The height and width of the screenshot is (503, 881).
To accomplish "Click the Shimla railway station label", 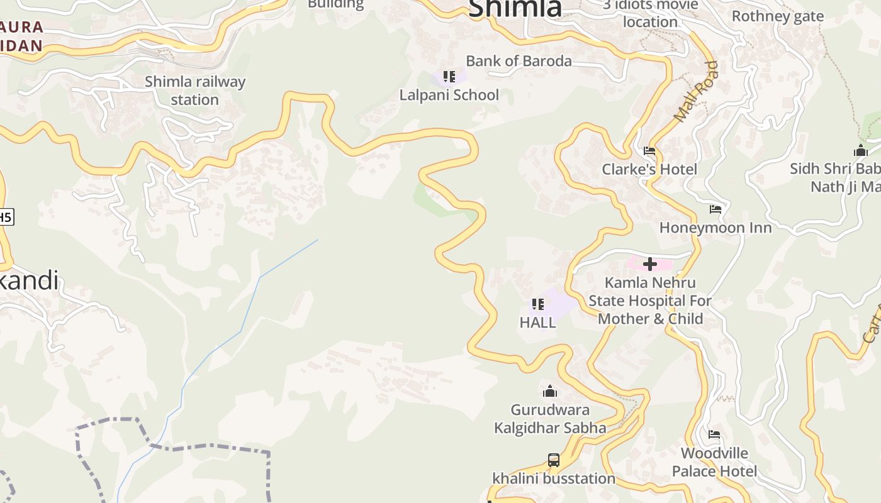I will click(195, 91).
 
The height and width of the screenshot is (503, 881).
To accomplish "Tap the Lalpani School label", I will click(449, 95).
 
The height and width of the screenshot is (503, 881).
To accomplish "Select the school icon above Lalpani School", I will click(449, 77).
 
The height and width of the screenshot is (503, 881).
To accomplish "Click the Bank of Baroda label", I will click(519, 61).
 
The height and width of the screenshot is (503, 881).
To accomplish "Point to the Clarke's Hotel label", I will click(649, 169).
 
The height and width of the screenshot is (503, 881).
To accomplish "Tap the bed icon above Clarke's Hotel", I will click(649, 151).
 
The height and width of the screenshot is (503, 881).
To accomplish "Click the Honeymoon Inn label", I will click(715, 227).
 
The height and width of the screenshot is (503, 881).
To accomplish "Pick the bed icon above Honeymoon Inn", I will click(715, 209).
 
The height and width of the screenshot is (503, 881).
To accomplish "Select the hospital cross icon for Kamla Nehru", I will click(650, 264).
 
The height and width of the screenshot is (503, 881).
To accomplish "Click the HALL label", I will click(538, 323).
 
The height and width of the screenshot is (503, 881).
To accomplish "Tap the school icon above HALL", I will click(538, 304).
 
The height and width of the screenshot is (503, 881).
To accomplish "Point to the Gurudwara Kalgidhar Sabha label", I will click(550, 419).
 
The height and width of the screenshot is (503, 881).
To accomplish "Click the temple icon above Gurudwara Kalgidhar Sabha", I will click(550, 392).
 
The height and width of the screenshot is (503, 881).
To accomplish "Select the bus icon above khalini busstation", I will click(554, 460).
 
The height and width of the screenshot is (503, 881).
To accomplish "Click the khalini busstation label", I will click(554, 478).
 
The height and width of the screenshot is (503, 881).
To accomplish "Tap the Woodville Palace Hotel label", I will click(714, 462).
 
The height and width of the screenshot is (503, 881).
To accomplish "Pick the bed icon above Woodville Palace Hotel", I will click(714, 434).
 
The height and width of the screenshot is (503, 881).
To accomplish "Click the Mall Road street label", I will click(696, 92).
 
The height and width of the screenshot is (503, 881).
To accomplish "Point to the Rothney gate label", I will click(777, 16).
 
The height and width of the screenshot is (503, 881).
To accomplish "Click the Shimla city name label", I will click(515, 9).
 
